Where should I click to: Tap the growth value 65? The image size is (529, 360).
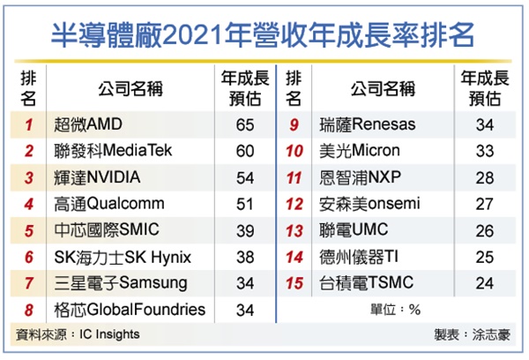pos(245,124)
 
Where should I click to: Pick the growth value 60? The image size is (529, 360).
pos(245,151)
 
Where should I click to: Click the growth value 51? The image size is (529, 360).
pos(245,204)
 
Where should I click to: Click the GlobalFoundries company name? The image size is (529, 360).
pos(129,310)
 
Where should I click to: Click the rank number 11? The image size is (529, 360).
pos(295,177)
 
